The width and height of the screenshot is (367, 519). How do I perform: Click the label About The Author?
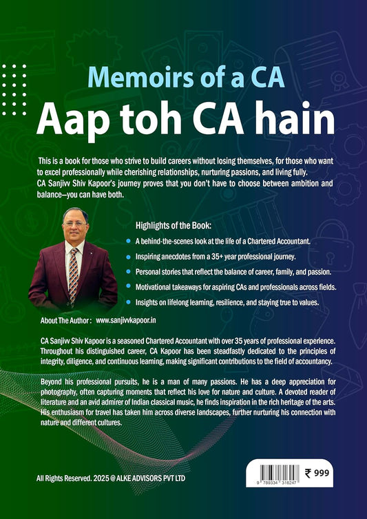[x=61, y=321]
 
